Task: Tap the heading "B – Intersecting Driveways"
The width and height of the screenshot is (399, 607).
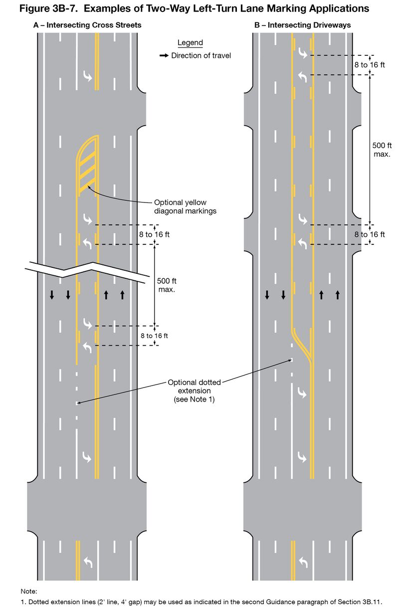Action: (x=303, y=25)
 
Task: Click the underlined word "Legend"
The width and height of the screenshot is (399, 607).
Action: (x=190, y=43)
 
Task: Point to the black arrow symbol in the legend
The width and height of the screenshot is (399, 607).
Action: (x=164, y=56)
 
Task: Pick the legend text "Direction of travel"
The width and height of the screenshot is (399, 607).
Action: (x=201, y=56)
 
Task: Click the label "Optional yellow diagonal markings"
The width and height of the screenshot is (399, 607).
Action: (x=180, y=206)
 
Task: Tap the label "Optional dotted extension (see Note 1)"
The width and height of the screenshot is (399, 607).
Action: (x=194, y=391)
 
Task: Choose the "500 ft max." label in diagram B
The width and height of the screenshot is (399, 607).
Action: (x=382, y=150)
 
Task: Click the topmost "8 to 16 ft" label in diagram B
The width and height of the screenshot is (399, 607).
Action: (x=370, y=65)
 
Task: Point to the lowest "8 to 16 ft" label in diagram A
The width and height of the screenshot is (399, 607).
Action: (x=154, y=336)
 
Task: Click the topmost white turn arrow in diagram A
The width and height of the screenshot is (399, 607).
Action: (x=88, y=76)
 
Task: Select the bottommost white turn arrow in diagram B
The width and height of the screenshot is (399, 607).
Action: (x=303, y=563)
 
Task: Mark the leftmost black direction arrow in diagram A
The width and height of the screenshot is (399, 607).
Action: (x=52, y=295)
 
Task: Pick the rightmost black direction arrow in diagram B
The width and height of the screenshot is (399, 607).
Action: (x=338, y=295)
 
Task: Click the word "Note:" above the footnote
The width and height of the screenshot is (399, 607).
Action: (x=29, y=591)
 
